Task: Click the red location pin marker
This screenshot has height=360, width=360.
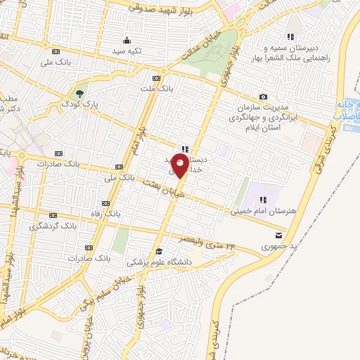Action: click(180, 167)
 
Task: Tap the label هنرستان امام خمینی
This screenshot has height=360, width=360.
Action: click(259, 210)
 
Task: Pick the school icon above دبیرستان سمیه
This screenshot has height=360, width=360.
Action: click(290, 37)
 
